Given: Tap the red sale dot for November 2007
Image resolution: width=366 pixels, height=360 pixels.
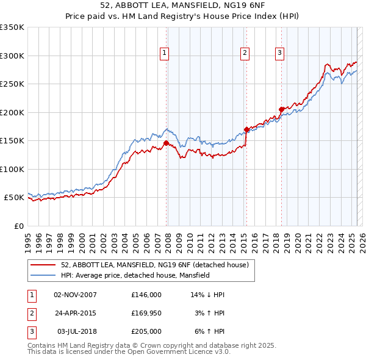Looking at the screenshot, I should tap(166, 143).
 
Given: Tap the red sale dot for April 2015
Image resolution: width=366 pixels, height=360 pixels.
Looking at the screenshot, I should tap(246, 129).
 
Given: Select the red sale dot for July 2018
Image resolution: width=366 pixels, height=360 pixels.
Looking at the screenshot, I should tap(281, 110).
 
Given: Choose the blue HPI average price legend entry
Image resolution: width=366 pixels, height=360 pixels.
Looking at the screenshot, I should tap(135, 276).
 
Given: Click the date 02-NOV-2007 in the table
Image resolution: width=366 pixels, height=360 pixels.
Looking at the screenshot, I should tap(75, 295).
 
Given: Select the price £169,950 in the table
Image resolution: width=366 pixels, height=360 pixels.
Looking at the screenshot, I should tap(146, 313).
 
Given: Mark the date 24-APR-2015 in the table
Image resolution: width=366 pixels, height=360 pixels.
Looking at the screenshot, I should tap(75, 313).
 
